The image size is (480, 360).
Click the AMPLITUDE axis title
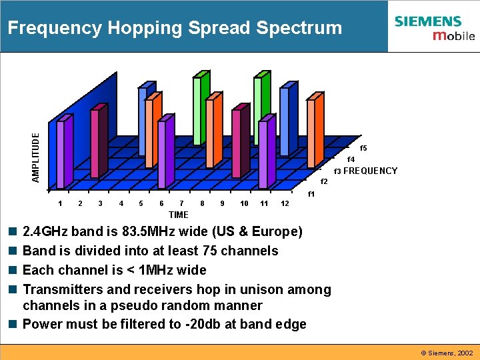click(37, 157)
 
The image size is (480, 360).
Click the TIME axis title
click(179, 215)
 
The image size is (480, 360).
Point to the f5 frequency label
click(363, 148)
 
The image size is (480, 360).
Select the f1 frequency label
click(311, 194)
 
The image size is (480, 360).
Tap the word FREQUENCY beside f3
click(370, 171)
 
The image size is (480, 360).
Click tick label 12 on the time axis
click(285, 203)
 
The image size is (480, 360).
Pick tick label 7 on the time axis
click(182, 203)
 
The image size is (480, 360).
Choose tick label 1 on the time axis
click(61, 203)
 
